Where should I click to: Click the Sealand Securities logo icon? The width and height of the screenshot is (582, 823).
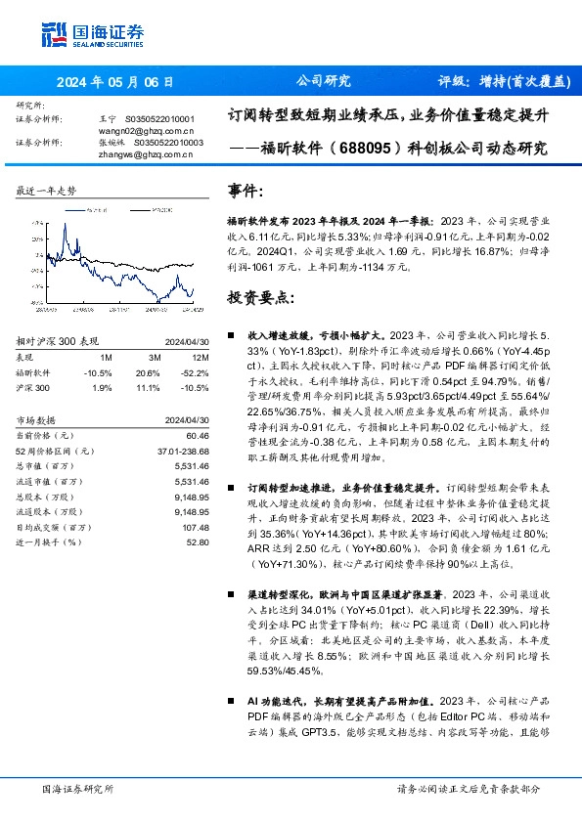click(53, 32)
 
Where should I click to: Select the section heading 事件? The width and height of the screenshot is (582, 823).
click(246, 191)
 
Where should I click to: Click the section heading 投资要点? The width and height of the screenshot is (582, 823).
click(260, 296)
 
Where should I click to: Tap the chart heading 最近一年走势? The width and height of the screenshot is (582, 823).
click(47, 192)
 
